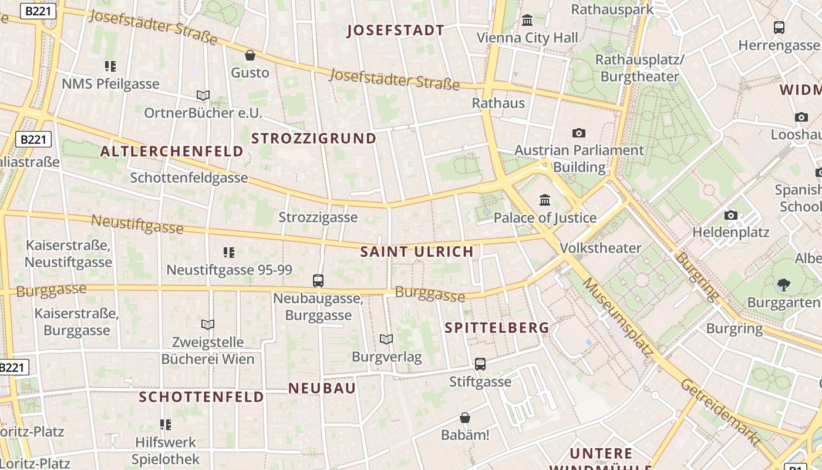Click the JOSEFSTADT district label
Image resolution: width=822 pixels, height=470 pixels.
[396, 31]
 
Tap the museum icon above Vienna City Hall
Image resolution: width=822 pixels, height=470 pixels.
[527, 21]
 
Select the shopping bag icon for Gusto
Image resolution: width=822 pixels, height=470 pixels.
[250, 55]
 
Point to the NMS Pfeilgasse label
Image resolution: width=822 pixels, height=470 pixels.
[110, 84]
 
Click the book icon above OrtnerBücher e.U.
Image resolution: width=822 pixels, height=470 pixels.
[203, 95]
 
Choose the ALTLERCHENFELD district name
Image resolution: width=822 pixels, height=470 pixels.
[171, 151]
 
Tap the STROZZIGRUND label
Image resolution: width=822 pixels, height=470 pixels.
[314, 138]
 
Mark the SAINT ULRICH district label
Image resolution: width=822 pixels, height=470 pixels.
[417, 251]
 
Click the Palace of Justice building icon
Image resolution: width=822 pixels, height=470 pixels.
[545, 200]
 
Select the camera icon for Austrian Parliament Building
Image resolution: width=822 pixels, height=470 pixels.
[579, 133]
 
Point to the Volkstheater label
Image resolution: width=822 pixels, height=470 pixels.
[601, 248]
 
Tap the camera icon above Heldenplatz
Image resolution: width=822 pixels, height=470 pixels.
[731, 215]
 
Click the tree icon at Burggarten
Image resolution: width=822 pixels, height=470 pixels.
[783, 286]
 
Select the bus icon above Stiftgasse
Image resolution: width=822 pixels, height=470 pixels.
[480, 364]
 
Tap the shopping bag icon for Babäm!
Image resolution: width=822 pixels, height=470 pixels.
[465, 418]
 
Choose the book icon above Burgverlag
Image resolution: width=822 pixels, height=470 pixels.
[386, 340]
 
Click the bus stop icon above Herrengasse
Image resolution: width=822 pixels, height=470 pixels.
[779, 27]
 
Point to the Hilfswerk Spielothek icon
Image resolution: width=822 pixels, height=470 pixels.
[166, 424]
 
